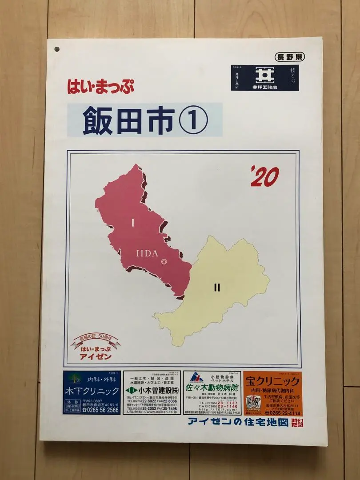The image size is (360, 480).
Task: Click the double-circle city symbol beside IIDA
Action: [x=164, y=262]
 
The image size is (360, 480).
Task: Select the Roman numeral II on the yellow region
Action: [x=217, y=288]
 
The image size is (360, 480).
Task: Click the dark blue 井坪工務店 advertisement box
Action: [x=264, y=79]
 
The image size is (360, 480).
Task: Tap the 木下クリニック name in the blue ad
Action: [x=92, y=391]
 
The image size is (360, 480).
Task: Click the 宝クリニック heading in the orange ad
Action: [x=272, y=381]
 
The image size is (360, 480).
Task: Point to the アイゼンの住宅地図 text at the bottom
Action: [x=238, y=423]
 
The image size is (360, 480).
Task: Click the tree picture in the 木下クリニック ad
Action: [x=74, y=378]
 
